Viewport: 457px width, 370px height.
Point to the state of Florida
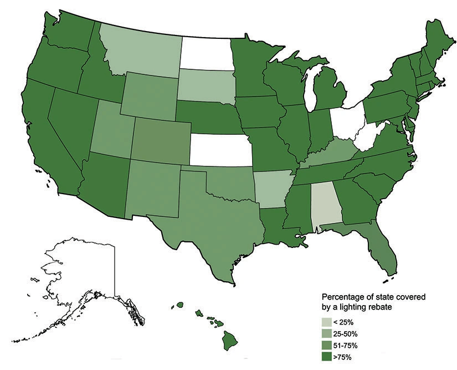coord(382,255)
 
